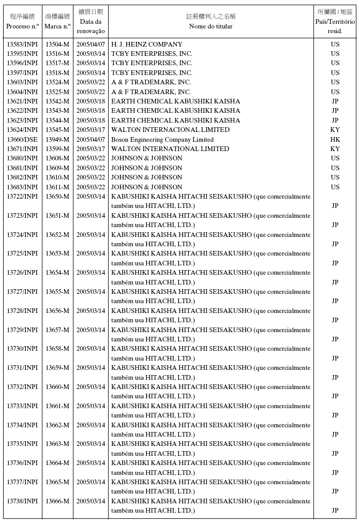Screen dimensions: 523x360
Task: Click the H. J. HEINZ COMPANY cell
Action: (x=147, y=44)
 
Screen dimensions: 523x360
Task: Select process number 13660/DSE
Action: (x=22, y=140)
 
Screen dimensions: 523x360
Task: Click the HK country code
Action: (x=335, y=140)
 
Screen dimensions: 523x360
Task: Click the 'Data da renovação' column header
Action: (x=91, y=21)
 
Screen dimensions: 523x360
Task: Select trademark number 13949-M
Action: (x=57, y=140)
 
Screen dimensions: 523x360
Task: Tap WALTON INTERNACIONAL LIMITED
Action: (x=171, y=130)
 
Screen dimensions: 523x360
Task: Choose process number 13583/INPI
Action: (x=22, y=44)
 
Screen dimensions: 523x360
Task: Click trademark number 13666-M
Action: (x=57, y=501)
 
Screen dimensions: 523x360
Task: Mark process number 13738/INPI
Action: (x=22, y=501)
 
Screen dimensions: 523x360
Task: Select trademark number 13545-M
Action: (x=57, y=130)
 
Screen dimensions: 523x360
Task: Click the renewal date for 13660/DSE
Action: (x=91, y=140)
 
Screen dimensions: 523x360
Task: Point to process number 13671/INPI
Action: (x=22, y=149)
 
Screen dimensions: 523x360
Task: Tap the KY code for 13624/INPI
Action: (x=335, y=130)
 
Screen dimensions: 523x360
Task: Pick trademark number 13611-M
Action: (x=57, y=187)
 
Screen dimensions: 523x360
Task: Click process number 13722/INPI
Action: (x=22, y=197)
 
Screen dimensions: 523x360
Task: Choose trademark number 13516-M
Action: (x=57, y=54)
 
